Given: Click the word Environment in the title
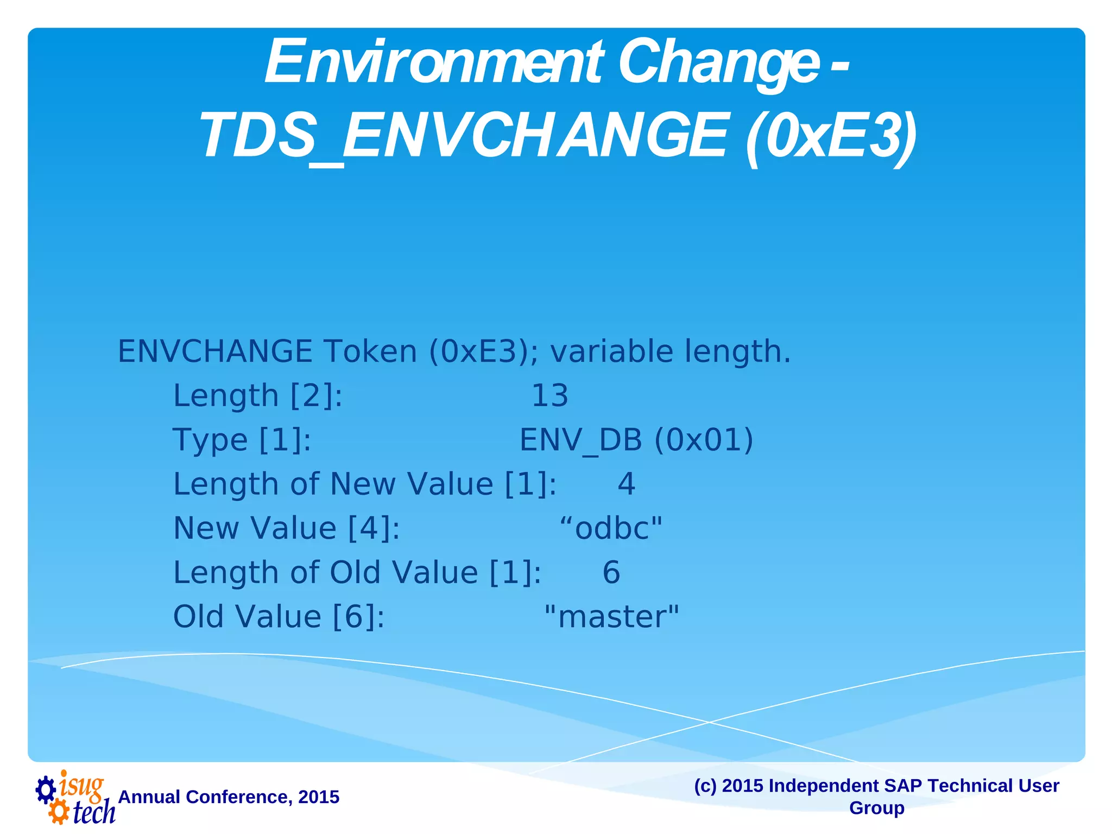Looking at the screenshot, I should pyautogui.click(x=433, y=63).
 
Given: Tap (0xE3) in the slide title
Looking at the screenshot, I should pyautogui.click(x=831, y=136).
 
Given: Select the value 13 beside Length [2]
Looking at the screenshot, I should pyautogui.click(x=549, y=396).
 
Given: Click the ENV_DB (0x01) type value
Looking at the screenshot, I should pyautogui.click(x=636, y=440).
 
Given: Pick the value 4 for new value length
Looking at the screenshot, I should pyautogui.click(x=626, y=484).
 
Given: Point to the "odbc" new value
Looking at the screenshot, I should pyautogui.click(x=611, y=528).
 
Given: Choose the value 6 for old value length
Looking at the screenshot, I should pyautogui.click(x=611, y=572).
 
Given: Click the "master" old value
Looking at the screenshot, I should pyautogui.click(x=611, y=617).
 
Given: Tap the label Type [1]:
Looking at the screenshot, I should pyautogui.click(x=242, y=440).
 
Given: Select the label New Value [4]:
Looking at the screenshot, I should pyautogui.click(x=287, y=528).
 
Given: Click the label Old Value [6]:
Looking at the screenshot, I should pyautogui.click(x=279, y=617).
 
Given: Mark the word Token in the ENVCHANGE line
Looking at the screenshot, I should pyautogui.click(x=370, y=351).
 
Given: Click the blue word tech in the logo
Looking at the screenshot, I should pyautogui.click(x=93, y=812).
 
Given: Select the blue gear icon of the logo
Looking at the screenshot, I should pyautogui.click(x=46, y=789).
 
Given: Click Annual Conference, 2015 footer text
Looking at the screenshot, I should pyautogui.click(x=229, y=797).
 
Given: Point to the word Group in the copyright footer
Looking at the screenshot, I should pyautogui.click(x=876, y=808).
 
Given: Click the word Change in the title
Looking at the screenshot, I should pyautogui.click(x=718, y=63).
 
